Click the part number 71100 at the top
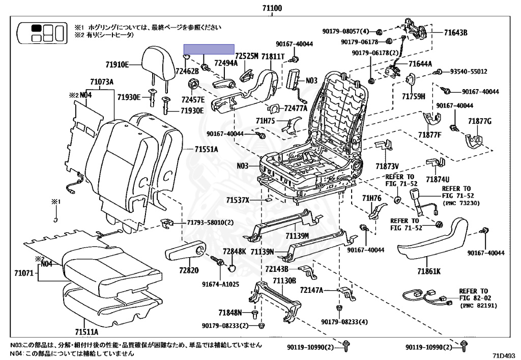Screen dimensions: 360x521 tap(271, 8)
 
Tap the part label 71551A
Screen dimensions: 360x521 tap(206, 149)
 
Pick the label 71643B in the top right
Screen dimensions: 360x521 tap(455, 33)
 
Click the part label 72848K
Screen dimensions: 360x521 tap(234, 252)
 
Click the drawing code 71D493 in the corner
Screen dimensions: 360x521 tap(504, 354)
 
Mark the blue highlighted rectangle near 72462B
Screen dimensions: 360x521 tap(209, 49)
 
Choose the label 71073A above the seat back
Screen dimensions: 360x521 tap(102, 81)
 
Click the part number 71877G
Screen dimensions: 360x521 tap(480, 121)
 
